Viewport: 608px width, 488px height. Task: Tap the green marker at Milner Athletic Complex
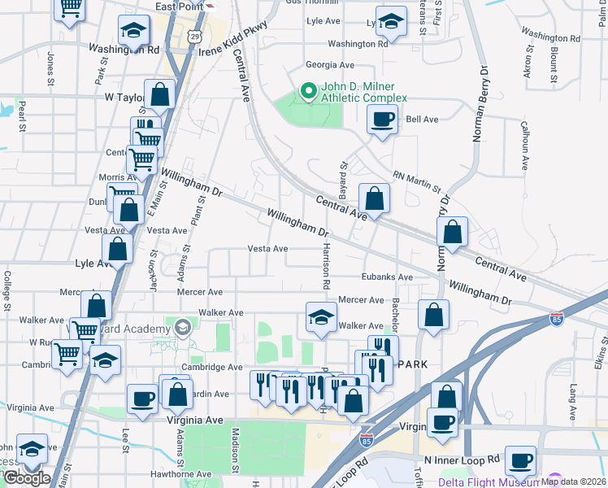(x=308, y=92)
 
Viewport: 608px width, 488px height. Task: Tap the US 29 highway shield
(x=193, y=37)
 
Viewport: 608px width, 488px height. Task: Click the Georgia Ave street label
(x=330, y=65)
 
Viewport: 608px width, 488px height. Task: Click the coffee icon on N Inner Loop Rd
(x=520, y=460)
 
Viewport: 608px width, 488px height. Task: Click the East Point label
(x=180, y=6)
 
